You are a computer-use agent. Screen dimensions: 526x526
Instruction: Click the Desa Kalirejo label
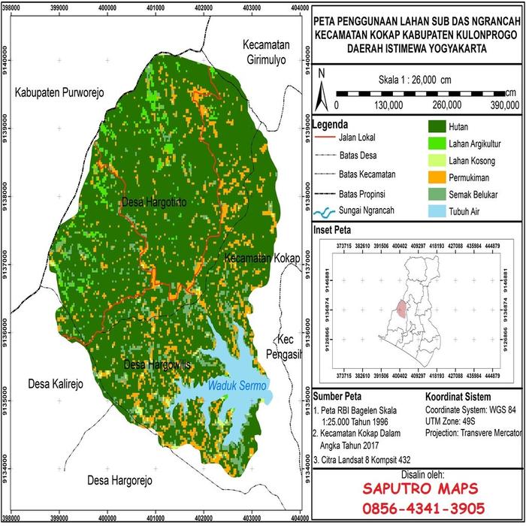(x=56, y=384)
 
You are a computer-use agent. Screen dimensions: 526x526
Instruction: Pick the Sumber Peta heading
(x=339, y=397)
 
